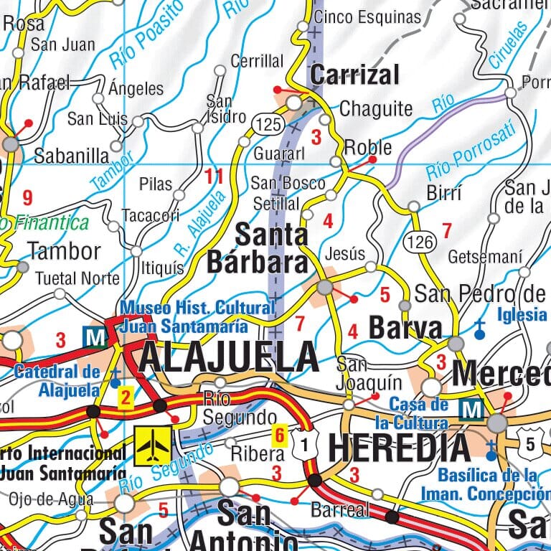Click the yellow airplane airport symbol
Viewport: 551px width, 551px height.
(x=153, y=446)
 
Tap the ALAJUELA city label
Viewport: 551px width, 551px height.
(x=228, y=357)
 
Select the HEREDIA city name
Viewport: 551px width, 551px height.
(x=400, y=447)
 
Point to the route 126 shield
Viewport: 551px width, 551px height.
(x=418, y=242)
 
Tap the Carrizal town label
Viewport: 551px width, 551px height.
(x=354, y=74)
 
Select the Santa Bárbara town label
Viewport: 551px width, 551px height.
(x=258, y=248)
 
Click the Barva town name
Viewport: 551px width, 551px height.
(x=405, y=328)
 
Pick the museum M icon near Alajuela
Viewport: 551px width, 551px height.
(x=94, y=336)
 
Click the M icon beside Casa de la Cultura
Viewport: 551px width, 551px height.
(x=471, y=410)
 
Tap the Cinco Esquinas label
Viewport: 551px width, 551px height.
(x=368, y=17)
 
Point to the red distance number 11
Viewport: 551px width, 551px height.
(x=214, y=176)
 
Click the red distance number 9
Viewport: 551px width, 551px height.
(x=28, y=197)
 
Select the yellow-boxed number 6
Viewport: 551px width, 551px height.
(x=280, y=434)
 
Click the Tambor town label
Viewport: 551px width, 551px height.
(x=65, y=251)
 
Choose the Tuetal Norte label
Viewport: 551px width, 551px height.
(x=77, y=278)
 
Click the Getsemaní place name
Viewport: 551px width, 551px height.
(x=485, y=256)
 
